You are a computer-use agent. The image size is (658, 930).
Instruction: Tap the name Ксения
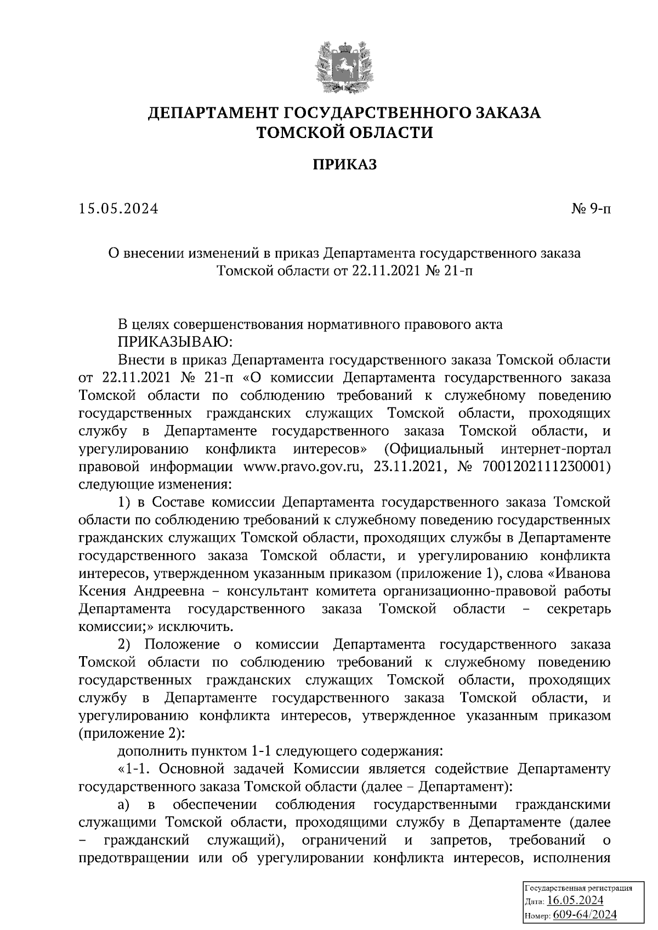coord(102,592)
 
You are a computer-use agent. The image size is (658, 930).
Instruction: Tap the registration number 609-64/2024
coord(585,915)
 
